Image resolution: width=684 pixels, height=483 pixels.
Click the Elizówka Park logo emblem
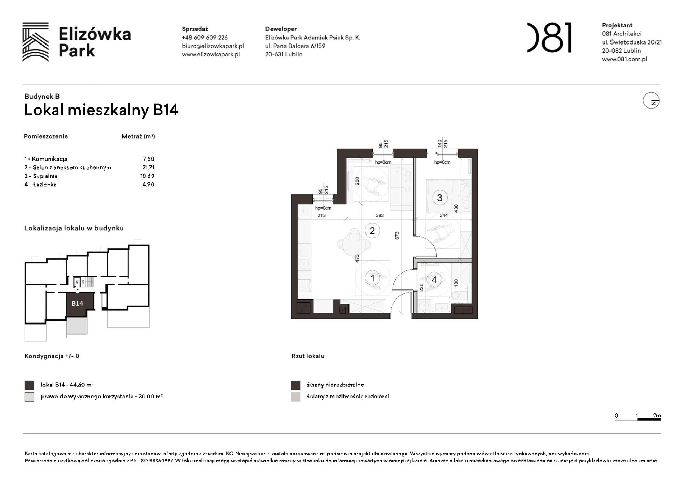pos(35,42)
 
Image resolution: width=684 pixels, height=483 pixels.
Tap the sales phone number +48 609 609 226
pos(205,38)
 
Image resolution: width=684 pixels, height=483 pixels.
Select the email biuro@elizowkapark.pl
pos(213,46)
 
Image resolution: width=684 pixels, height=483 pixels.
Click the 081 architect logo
pos(549,38)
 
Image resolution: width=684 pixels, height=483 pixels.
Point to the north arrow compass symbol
pos(651,101)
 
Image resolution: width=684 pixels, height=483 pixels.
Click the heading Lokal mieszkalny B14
pos(101,110)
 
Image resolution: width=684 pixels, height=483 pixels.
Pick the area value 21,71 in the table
pos(148,167)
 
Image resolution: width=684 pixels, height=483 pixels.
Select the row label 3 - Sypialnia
pos(41,176)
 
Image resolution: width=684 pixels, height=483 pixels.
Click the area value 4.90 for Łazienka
pos(148,185)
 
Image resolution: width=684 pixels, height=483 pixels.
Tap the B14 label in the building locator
pos(77,303)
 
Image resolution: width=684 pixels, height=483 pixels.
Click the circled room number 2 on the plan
pos(372,231)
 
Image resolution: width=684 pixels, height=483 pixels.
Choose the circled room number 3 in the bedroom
pos(439,198)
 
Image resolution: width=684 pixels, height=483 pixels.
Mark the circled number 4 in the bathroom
pos(434,280)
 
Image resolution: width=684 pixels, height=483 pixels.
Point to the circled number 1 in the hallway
pos(372,278)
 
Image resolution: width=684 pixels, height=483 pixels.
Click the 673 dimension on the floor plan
pos(397,236)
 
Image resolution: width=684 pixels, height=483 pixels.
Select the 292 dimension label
pos(380,215)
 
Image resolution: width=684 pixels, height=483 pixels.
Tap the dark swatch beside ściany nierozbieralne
pos(295,385)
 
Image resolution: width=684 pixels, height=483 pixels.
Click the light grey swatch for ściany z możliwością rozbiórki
pos(295,397)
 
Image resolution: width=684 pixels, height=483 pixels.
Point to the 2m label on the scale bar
pos(657,415)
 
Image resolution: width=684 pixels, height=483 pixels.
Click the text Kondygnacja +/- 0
pos(52,356)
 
